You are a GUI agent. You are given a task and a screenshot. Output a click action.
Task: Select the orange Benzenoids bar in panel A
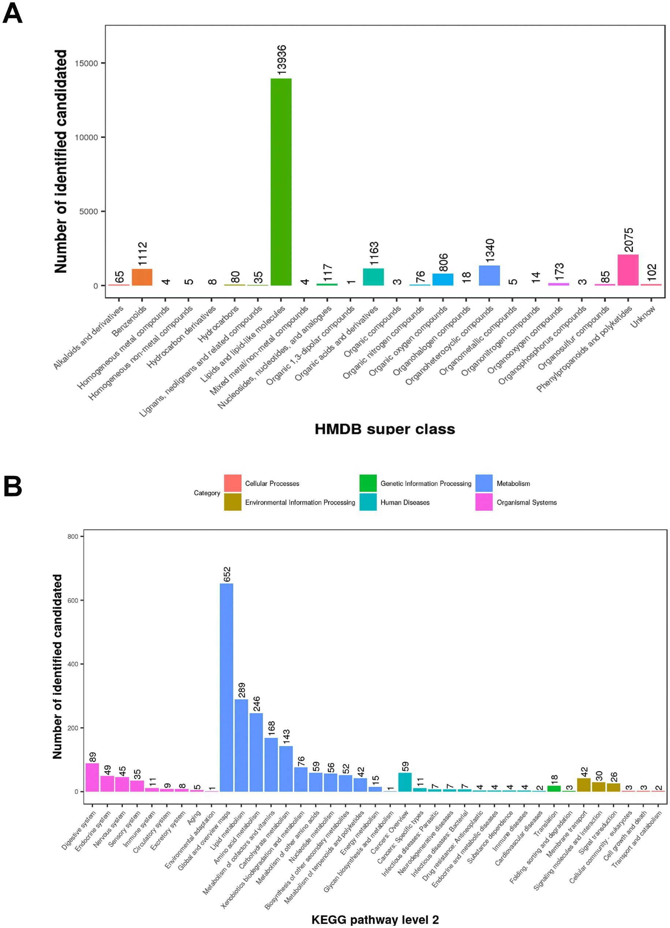coord(142,277)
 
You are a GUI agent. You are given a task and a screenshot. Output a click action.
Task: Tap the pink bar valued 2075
coord(628,270)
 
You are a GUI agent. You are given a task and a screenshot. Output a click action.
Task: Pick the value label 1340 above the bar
coord(490,251)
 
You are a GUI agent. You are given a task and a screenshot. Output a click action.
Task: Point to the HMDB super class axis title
coord(384,429)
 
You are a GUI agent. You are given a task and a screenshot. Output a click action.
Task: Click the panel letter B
coord(12,487)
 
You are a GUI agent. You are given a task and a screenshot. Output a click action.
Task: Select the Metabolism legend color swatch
coord(484,483)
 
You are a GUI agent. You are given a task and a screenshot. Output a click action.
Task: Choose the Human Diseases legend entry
coord(405,502)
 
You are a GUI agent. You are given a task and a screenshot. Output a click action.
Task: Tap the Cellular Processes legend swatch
coord(233,483)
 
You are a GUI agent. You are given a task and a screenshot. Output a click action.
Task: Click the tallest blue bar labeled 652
coord(227,687)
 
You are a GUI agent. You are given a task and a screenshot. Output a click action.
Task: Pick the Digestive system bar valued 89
coord(92,777)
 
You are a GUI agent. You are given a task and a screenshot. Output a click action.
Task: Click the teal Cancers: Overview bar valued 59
coord(405,782)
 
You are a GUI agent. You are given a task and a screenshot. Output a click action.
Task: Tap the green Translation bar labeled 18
coord(554,788)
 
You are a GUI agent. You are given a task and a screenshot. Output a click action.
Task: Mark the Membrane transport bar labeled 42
coord(583,785)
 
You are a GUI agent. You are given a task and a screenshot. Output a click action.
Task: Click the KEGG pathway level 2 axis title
coord(375,920)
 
